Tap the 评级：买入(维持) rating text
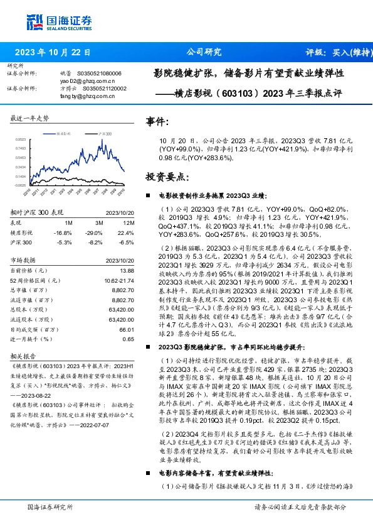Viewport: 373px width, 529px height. pyautogui.click(x=336, y=52)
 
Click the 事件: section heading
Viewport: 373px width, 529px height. pyautogui.click(x=157, y=121)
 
